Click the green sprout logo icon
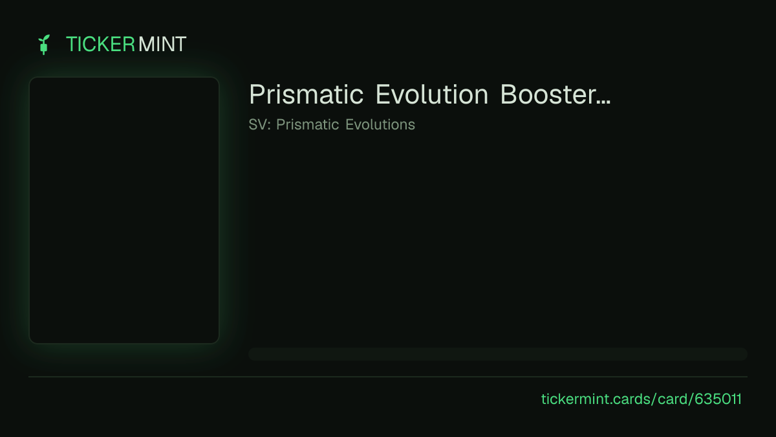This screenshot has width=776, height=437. [44, 45]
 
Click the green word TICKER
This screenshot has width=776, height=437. [100, 45]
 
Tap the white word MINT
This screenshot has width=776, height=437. [162, 45]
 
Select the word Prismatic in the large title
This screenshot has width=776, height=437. [307, 95]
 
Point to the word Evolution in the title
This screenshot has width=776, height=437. [432, 95]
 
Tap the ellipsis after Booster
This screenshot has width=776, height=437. [603, 102]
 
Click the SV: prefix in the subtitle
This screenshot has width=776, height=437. [259, 124]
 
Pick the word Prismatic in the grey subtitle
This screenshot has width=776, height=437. [307, 124]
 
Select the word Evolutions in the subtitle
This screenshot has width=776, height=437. [380, 124]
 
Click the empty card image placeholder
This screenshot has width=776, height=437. [124, 210]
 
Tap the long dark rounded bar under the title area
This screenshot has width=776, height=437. [498, 354]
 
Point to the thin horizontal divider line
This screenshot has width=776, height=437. [388, 377]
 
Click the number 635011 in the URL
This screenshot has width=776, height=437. [718, 399]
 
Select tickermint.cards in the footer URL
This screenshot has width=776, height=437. [596, 399]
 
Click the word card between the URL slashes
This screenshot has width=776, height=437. [673, 399]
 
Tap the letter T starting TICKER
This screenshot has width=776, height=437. [72, 45]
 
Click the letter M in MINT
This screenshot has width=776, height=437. [146, 45]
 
